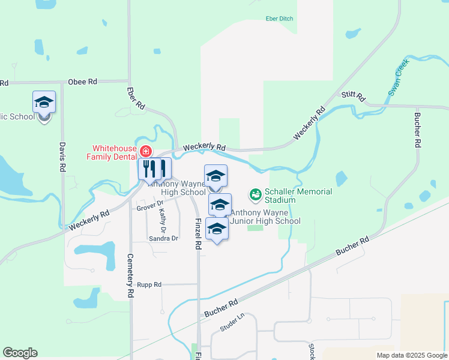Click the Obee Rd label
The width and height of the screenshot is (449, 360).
(83, 82)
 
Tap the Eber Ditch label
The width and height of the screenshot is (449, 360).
(279, 19)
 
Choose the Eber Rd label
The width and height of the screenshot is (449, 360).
(136, 98)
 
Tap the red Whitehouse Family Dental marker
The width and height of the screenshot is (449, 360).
(145, 151)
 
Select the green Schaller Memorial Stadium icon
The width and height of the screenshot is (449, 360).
(256, 194)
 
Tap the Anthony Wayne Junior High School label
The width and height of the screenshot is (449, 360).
(265, 217)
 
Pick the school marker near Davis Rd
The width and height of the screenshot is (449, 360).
(44, 103)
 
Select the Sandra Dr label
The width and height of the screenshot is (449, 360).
(164, 238)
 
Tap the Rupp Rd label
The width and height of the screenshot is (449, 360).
(149, 284)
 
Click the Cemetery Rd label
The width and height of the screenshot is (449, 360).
(130, 276)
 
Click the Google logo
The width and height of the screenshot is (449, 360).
(20, 353)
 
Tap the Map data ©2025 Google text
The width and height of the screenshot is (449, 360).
(411, 355)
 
